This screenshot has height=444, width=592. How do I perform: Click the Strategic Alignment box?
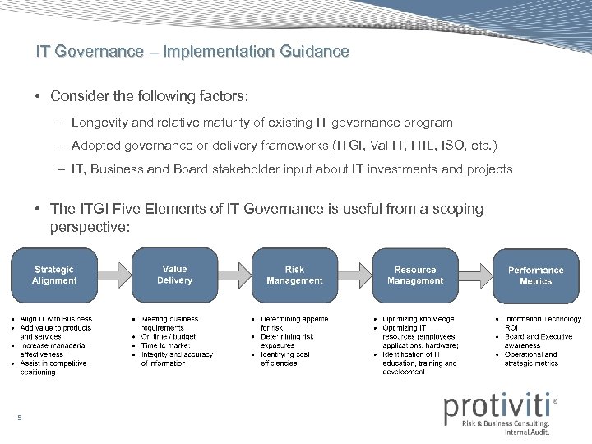[x=54, y=275]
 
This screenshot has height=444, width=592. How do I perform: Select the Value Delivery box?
[x=174, y=275]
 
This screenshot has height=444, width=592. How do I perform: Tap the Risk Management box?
[x=294, y=275]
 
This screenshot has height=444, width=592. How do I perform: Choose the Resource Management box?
[x=415, y=275]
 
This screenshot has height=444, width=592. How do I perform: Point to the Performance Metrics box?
[x=535, y=275]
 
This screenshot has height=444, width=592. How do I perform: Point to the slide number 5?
[x=19, y=419]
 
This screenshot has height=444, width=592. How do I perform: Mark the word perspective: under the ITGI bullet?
[x=90, y=226]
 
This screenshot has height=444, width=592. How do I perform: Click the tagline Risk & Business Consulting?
[x=504, y=423]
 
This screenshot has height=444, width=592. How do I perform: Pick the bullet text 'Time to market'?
[x=166, y=345]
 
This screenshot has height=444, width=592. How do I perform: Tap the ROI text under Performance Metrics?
[x=511, y=327]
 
